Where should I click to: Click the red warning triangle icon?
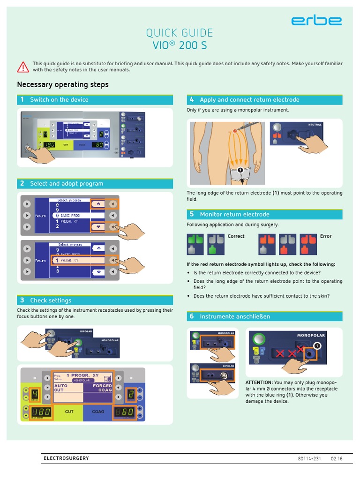click(x=23, y=67)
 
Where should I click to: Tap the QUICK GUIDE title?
click(x=180, y=33)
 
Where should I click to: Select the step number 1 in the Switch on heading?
click(x=22, y=99)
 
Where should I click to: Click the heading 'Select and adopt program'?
click(x=67, y=184)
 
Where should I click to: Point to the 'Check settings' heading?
click(x=51, y=300)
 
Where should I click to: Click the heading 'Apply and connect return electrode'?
click(x=249, y=100)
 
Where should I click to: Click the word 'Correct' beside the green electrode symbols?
click(x=236, y=236)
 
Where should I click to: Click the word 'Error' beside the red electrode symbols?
click(x=326, y=236)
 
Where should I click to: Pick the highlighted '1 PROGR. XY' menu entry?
click(x=70, y=260)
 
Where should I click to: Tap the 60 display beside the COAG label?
click(x=124, y=412)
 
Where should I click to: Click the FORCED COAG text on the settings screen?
click(x=102, y=388)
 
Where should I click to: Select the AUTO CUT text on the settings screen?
click(x=61, y=388)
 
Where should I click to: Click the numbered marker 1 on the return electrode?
click(x=240, y=169)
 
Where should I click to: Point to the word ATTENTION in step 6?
click(x=259, y=382)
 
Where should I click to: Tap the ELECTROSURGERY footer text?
click(x=66, y=458)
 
